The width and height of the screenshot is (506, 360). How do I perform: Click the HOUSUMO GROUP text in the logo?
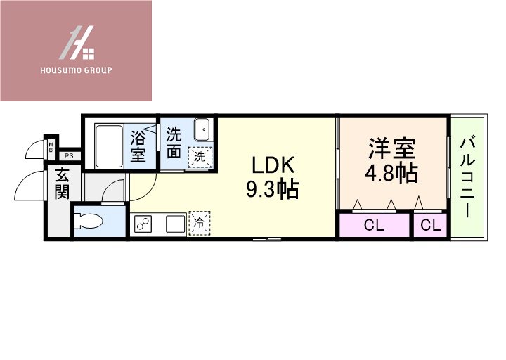point(77,70)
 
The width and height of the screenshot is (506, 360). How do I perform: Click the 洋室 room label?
point(393,149)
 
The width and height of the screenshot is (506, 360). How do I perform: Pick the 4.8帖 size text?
point(392,173)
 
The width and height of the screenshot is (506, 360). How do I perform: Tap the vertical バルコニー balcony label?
point(467,177)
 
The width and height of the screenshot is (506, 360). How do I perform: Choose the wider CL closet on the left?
point(374,226)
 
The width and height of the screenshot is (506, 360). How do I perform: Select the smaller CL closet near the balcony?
point(431,226)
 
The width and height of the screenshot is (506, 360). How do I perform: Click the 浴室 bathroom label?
point(138,145)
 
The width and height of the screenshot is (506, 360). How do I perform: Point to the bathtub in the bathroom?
point(108,146)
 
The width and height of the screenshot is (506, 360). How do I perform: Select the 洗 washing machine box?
point(200,157)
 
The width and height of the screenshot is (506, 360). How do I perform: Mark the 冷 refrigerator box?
point(200,223)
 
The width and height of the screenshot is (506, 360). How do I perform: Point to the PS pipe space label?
point(69,156)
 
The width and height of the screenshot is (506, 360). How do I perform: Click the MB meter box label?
point(51,147)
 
